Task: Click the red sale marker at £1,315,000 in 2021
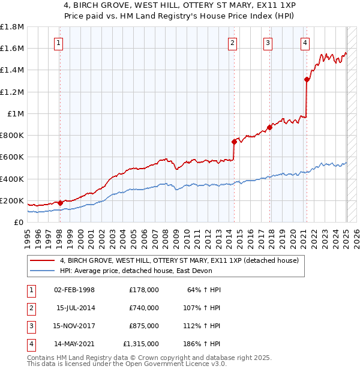pos(307,79)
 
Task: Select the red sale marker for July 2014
pos(234,142)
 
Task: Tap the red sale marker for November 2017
pos(269,127)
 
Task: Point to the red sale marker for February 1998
pos(60,203)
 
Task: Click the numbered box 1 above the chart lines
pos(59,43)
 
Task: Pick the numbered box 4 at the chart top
pos(305,43)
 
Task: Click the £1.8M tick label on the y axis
pos(12,27)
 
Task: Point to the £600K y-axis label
pos(12,157)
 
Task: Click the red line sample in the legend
pos(42,260)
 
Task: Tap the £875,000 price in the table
pos(143,326)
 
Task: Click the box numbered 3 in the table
pos(31,326)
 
